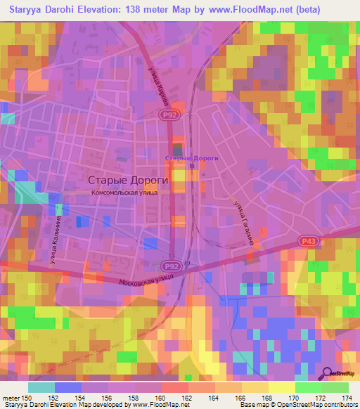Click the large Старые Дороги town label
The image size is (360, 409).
[123, 178]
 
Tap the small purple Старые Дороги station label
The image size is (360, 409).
[191, 158]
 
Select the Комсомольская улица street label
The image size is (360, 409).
[129, 191]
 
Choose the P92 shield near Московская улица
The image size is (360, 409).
[191, 266]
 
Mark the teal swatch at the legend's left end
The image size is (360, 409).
[41, 387]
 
